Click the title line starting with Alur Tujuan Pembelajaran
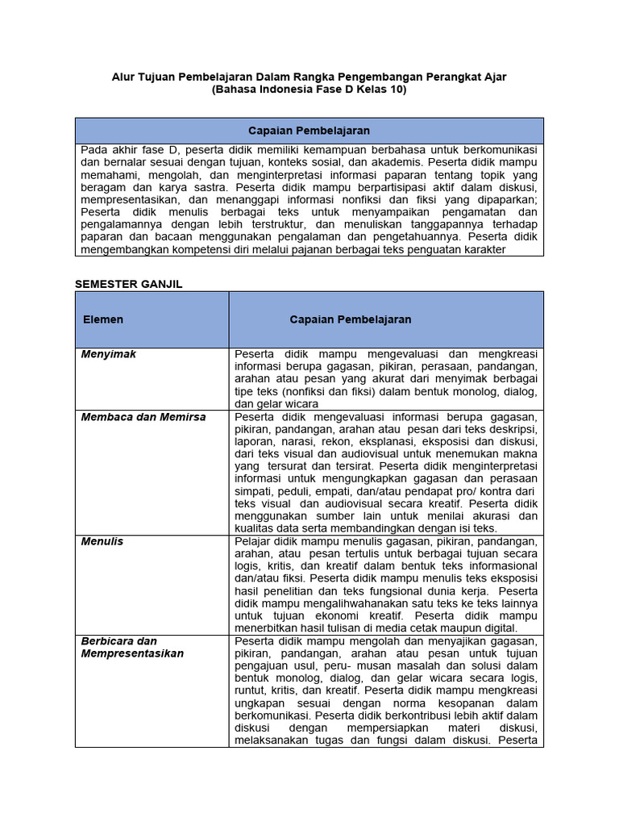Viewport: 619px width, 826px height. (x=309, y=77)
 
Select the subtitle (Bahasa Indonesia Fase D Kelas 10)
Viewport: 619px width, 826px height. (x=309, y=90)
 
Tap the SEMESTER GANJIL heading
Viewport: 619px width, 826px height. (x=129, y=284)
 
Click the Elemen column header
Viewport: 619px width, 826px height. (x=103, y=319)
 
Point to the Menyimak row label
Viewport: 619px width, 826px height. (x=109, y=354)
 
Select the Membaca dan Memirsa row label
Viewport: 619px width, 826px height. (x=143, y=417)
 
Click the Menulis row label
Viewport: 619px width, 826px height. (x=102, y=541)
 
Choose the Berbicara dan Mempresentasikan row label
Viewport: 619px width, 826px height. (x=132, y=647)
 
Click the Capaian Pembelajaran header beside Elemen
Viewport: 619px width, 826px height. (x=351, y=319)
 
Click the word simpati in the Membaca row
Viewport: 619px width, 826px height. (x=253, y=491)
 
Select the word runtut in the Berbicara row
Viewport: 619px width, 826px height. (x=251, y=690)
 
